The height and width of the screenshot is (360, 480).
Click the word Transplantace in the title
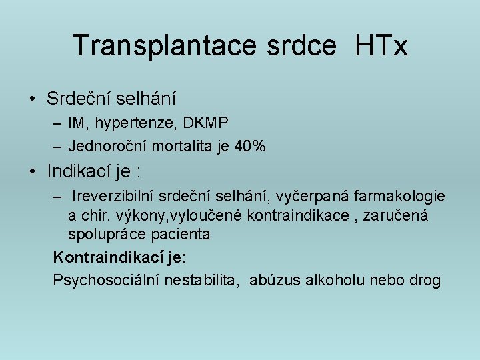click(165, 45)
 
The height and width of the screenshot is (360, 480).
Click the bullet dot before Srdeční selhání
click(31, 99)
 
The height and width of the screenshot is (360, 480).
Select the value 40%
click(250, 146)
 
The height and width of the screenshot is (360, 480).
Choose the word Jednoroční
click(107, 146)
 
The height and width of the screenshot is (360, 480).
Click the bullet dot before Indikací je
click(31, 171)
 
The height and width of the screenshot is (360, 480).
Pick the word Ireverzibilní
click(119, 197)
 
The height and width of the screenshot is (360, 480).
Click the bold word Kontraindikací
click(105, 257)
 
